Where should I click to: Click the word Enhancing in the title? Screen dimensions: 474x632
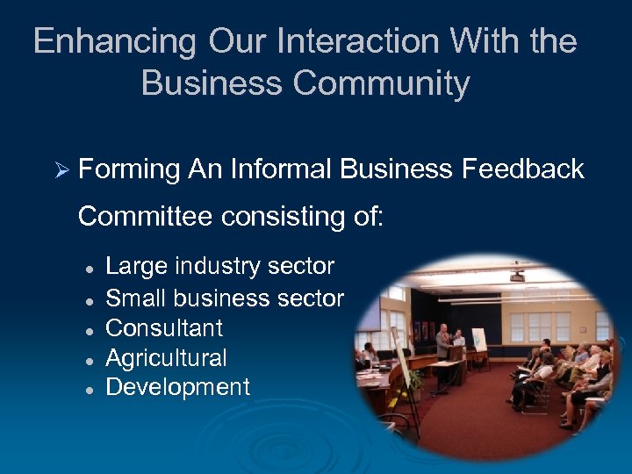(x=114, y=42)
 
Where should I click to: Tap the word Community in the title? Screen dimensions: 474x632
(x=381, y=83)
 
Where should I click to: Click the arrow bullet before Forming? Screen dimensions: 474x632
(x=61, y=169)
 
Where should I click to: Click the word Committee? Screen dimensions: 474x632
(x=146, y=216)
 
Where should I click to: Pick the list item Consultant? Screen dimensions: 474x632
(x=164, y=328)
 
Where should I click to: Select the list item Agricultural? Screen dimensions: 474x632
(x=166, y=358)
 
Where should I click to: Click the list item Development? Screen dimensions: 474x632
(x=177, y=387)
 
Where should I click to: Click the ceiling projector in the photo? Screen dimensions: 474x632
(x=516, y=276)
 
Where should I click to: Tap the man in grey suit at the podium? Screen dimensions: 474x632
(x=443, y=342)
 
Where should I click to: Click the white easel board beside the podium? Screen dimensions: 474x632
(x=479, y=338)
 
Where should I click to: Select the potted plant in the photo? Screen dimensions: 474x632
(x=415, y=381)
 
